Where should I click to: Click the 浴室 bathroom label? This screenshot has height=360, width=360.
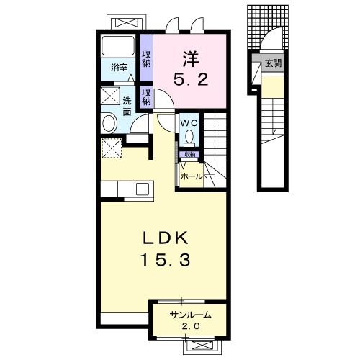119,68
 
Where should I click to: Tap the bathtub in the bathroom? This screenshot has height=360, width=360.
118,45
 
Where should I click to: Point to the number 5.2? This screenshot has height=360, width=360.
191,79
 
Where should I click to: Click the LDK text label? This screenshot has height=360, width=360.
166,238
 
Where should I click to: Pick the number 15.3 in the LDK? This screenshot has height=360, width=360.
166,260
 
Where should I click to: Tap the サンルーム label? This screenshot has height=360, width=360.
191,315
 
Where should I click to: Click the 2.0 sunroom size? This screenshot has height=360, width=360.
191,326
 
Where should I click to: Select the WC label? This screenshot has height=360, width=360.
189,123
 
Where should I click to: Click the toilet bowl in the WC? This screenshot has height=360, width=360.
189,137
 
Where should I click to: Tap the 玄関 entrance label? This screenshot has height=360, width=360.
273,63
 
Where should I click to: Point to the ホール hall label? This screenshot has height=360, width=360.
192,176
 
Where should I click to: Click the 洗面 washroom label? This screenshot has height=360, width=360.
127,107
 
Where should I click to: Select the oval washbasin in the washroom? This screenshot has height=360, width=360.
109,123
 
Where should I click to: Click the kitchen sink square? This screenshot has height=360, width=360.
143,189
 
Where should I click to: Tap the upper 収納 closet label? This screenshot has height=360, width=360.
146,59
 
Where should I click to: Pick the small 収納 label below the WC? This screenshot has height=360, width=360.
189,154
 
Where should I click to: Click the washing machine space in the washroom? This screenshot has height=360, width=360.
110,96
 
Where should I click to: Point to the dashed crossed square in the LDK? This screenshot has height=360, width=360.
112,148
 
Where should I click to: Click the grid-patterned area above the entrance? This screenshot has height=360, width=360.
268,27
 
